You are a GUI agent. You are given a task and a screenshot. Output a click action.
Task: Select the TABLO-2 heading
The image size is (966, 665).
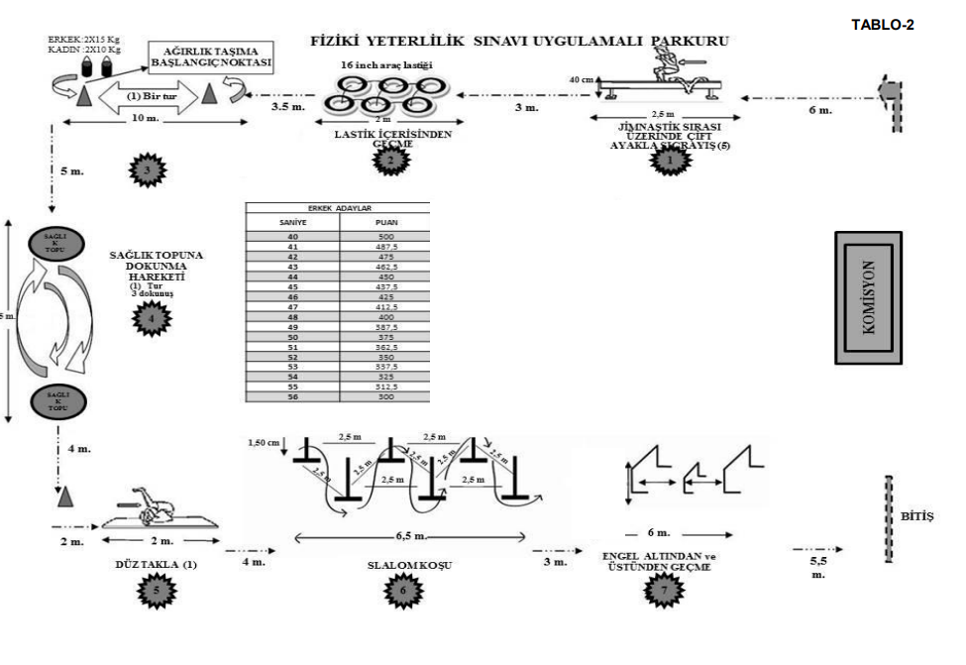pyautogui.click(x=883, y=25)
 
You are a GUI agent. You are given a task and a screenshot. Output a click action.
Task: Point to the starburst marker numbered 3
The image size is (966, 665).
pyautogui.click(x=146, y=170)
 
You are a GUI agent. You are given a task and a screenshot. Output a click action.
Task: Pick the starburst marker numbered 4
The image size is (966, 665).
pyautogui.click(x=152, y=318)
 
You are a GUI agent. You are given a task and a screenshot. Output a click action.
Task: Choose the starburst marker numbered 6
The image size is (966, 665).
pyautogui.click(x=401, y=589)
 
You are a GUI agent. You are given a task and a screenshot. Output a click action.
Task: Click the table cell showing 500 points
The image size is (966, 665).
pyautogui.click(x=384, y=238)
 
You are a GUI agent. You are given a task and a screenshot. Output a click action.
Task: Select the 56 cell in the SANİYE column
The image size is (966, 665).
pyautogui.click(x=292, y=396)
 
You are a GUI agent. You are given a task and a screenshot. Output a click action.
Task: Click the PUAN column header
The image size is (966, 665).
pyautogui.click(x=384, y=224)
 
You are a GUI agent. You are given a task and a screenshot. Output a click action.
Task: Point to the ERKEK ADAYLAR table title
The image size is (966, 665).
pyautogui.click(x=337, y=209)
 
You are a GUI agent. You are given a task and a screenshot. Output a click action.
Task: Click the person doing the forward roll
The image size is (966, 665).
pyautogui.click(x=154, y=506)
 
